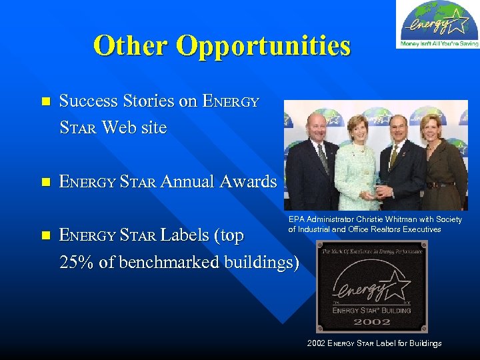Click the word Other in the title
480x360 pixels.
(131, 46)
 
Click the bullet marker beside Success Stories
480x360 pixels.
(45, 102)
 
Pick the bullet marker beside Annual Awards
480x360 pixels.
(45, 182)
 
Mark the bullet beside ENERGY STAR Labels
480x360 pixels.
(45, 235)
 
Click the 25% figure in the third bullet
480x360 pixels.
(77, 263)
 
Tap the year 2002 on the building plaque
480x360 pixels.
(371, 321)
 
